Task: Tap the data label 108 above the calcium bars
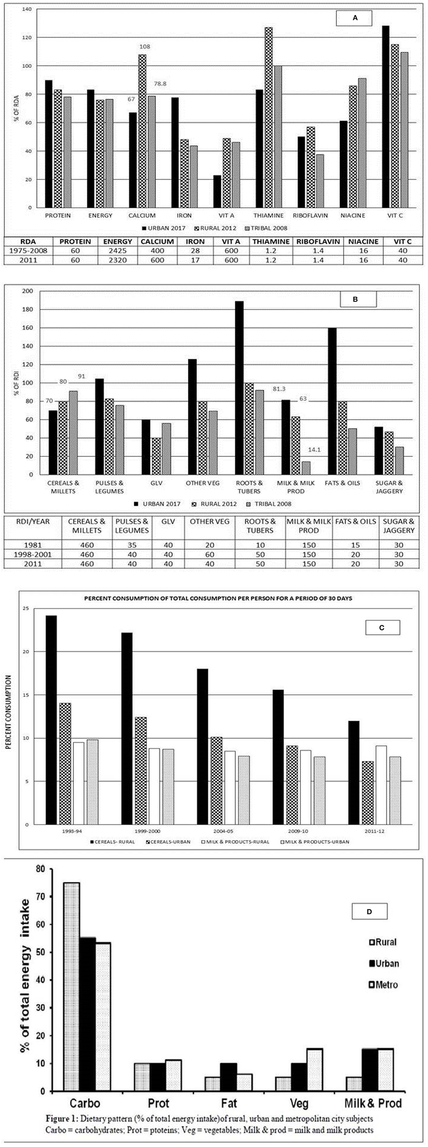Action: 145,47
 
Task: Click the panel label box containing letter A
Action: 354,18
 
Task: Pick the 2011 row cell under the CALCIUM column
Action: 157,260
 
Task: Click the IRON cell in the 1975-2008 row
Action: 196,251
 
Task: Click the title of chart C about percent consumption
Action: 217,598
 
